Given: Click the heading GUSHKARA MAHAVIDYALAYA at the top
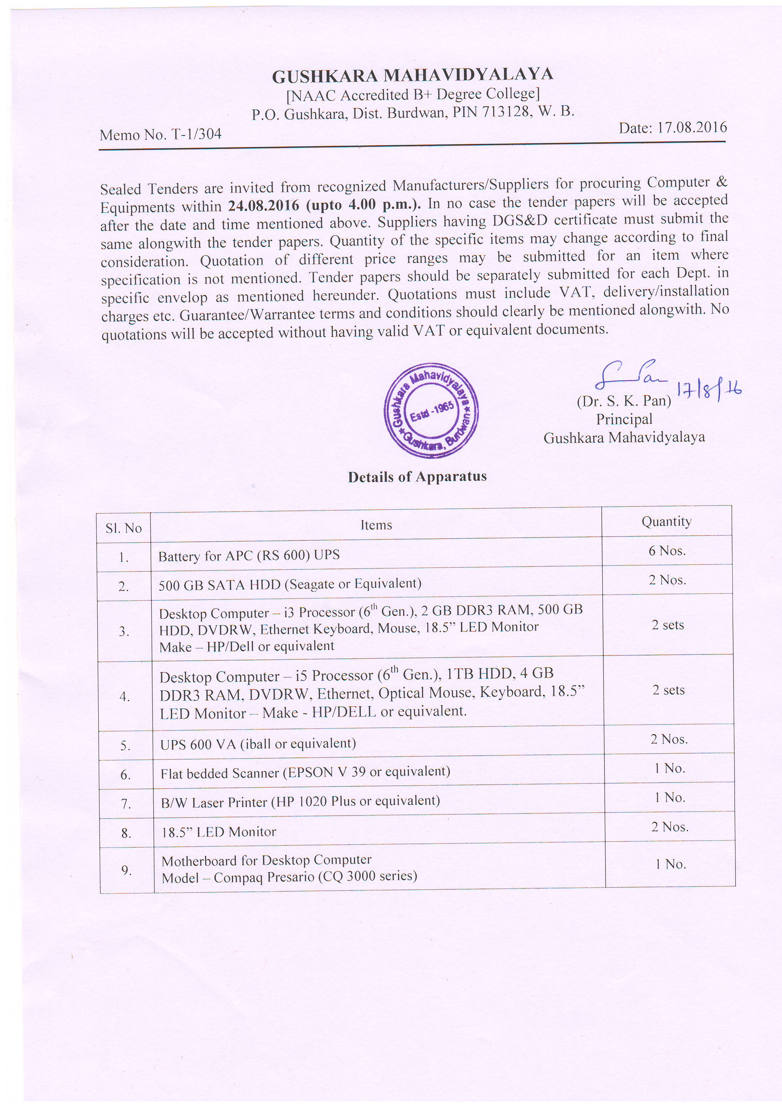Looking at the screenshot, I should point(412,75).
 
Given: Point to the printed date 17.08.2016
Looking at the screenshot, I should point(692,127).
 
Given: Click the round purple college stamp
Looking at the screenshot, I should point(431,410).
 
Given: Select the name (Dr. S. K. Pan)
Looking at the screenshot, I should point(624,401).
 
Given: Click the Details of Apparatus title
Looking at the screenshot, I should point(417,477).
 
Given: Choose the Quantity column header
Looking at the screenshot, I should point(666,521).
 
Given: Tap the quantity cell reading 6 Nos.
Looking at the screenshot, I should point(667,551).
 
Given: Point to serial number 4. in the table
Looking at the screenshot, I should point(125,696).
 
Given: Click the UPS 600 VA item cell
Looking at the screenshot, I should point(258,743).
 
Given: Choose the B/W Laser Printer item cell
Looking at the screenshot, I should point(300,801).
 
